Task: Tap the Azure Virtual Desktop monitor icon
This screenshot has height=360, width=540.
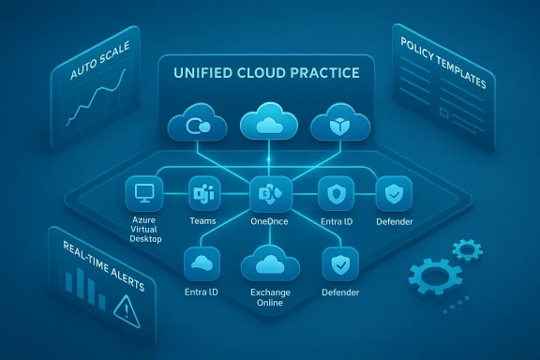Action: pos(143,194)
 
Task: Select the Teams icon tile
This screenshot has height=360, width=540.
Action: pos(202,194)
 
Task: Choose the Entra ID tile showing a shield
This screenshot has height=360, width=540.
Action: pos(335,194)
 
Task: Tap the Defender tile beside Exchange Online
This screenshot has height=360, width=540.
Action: pos(339,265)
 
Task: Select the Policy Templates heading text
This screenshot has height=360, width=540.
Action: pos(442,65)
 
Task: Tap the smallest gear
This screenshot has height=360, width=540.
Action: pos(466,249)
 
